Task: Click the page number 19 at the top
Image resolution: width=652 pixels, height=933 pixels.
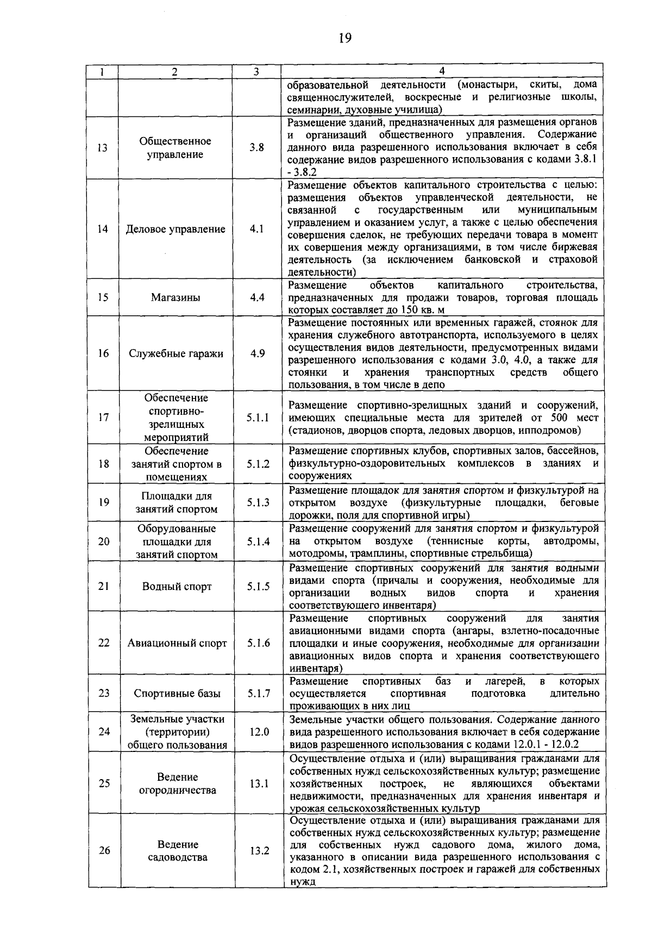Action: [344, 38]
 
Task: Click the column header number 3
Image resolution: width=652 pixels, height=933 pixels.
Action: [256, 71]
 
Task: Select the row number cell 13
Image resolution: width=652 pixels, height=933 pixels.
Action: [103, 148]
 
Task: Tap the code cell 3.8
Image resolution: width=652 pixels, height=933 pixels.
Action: [257, 147]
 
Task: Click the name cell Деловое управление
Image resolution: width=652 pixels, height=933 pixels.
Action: [175, 229]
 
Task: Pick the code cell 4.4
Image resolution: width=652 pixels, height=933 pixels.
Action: [257, 297]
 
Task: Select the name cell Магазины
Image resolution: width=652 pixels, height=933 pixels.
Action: [175, 297]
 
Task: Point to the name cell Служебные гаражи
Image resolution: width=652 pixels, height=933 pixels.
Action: [175, 353]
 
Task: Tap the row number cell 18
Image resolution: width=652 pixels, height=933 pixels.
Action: [103, 464]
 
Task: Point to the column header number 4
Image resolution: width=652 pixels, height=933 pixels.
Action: [442, 71]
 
